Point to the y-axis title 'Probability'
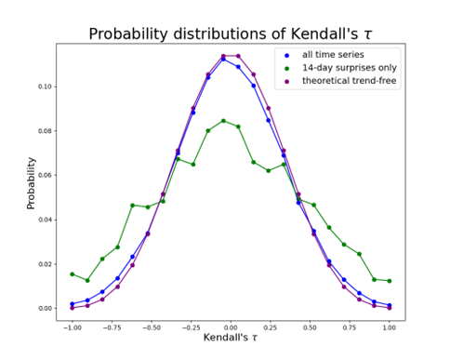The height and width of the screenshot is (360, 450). pyautogui.click(x=31, y=181)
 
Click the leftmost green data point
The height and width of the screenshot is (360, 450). pyautogui.click(x=72, y=274)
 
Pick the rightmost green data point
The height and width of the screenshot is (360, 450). pyautogui.click(x=389, y=281)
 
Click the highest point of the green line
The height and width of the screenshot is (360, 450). pyautogui.click(x=223, y=120)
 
